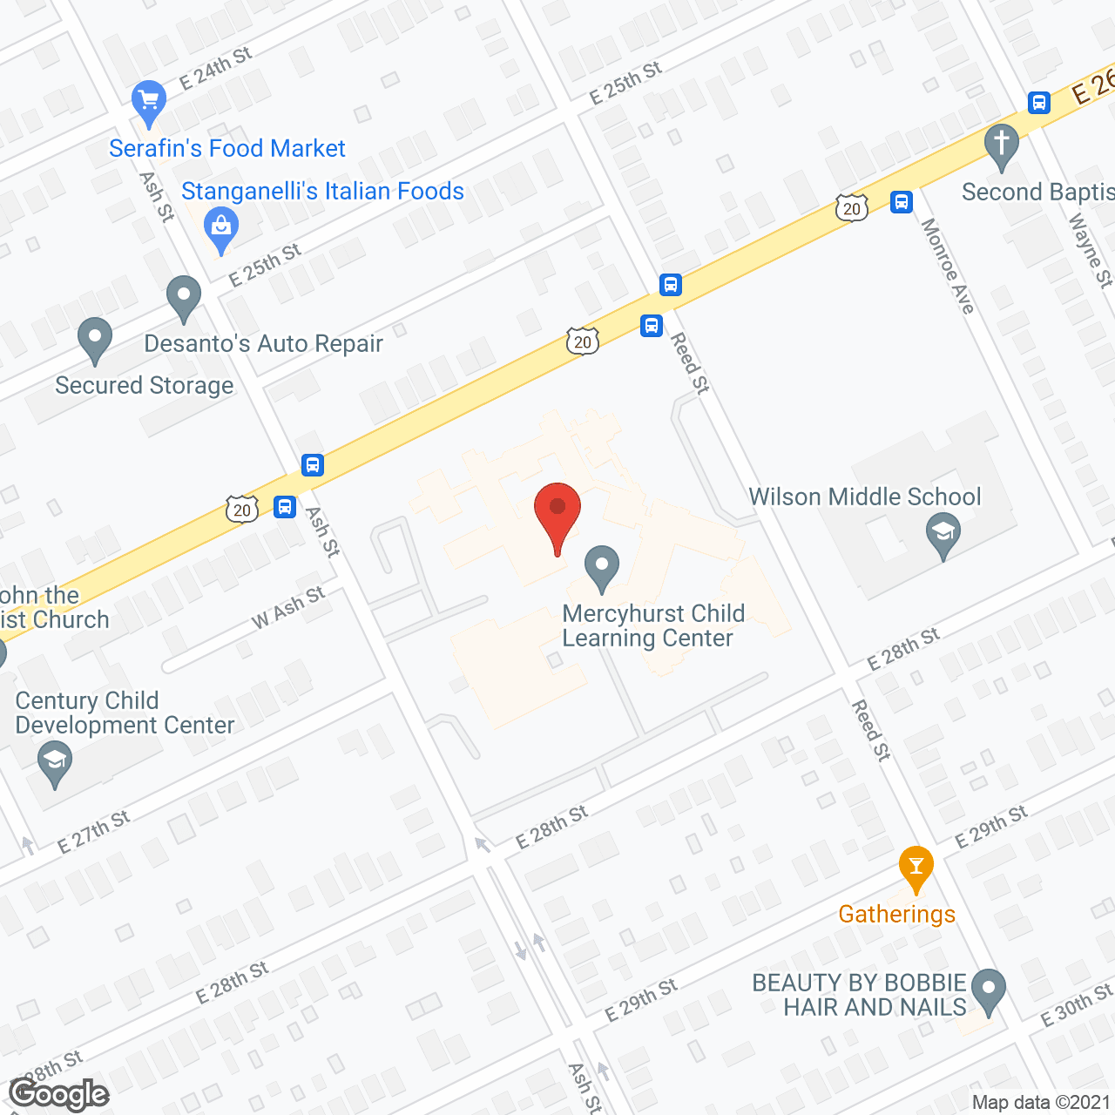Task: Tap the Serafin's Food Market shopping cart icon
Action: [149, 101]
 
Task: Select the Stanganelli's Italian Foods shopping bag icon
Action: [221, 228]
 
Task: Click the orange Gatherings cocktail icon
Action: [916, 867]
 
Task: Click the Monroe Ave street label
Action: [949, 267]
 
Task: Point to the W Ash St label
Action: [288, 607]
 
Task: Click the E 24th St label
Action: [215, 68]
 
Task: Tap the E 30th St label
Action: [1077, 1005]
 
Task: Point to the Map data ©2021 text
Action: [1041, 1103]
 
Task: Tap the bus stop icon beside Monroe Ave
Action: [901, 202]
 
